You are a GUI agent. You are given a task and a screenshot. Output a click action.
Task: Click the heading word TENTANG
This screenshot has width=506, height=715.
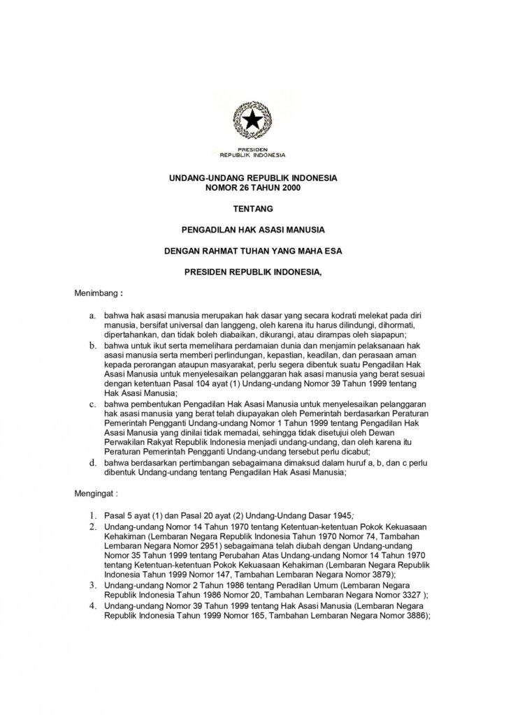pyautogui.click(x=253, y=208)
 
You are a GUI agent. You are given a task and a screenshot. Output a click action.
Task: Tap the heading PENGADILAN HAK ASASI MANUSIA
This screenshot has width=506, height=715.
pyautogui.click(x=253, y=228)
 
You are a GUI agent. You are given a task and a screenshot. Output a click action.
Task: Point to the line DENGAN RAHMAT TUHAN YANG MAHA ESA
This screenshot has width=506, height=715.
pyautogui.click(x=253, y=249)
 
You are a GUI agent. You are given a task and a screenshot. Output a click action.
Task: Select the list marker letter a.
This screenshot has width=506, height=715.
pyautogui.click(x=92, y=316)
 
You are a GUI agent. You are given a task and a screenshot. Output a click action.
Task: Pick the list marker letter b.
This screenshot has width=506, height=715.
pyautogui.click(x=92, y=345)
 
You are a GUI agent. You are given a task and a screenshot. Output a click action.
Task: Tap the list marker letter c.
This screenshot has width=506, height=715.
pyautogui.click(x=92, y=404)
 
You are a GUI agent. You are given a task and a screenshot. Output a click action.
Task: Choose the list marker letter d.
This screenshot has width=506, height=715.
pyautogui.click(x=92, y=462)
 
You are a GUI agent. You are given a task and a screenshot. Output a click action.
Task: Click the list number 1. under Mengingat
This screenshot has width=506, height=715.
pyautogui.click(x=92, y=515)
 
